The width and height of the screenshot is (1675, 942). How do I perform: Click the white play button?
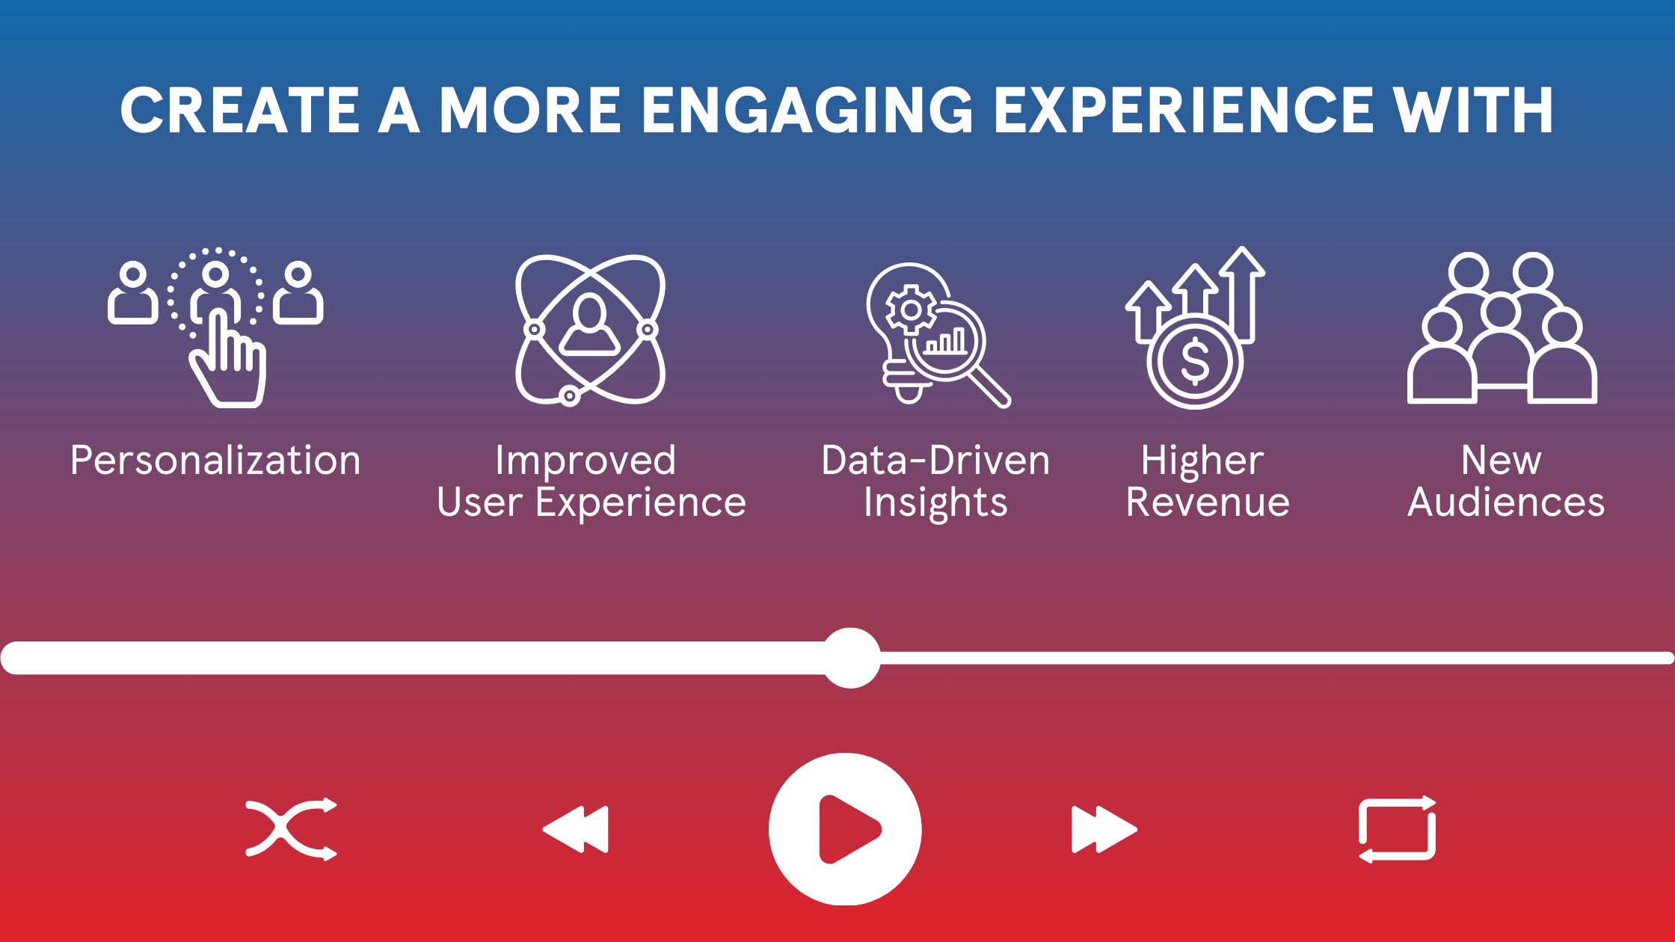(845, 829)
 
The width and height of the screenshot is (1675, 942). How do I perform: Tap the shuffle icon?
(292, 829)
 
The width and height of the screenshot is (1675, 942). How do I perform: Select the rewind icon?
(576, 829)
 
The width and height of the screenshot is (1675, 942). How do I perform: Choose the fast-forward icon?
(1104, 829)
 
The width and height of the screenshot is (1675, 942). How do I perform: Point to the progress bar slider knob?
(851, 658)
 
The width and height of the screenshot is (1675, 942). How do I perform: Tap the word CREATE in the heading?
(241, 110)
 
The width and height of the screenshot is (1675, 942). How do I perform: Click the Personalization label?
(215, 460)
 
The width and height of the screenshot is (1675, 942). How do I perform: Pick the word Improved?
(586, 461)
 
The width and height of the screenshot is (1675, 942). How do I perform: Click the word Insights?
(935, 502)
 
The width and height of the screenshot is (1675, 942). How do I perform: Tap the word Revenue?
(1208, 502)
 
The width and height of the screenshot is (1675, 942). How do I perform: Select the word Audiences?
(1506, 502)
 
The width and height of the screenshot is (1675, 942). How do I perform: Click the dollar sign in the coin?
(1195, 360)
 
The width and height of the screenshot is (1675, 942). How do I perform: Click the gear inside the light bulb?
(911, 310)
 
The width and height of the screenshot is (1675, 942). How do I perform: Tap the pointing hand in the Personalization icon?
(227, 359)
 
